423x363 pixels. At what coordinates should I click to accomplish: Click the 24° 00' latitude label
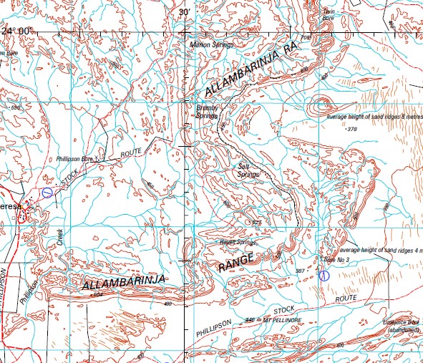[x=18, y=30]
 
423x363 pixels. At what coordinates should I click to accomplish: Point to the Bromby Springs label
[x=206, y=111]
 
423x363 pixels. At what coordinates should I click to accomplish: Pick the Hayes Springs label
[x=234, y=243]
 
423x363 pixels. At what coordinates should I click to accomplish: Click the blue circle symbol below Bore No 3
[x=324, y=275]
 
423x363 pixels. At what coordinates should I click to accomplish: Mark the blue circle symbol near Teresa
[x=47, y=192]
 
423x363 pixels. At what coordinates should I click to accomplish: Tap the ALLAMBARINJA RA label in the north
[x=251, y=72]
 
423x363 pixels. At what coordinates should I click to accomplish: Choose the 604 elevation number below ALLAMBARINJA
[x=98, y=295]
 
